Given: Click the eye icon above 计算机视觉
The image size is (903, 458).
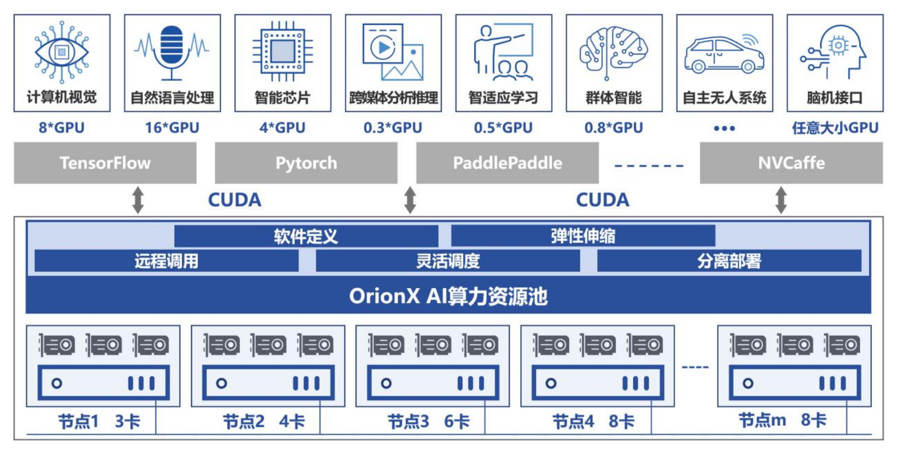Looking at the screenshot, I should pyautogui.click(x=62, y=52).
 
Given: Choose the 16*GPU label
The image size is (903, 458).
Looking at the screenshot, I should pyautogui.click(x=172, y=128).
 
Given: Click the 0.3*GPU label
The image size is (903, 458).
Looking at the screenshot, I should pyautogui.click(x=393, y=128).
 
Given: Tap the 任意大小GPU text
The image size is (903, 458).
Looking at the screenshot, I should pyautogui.click(x=835, y=128).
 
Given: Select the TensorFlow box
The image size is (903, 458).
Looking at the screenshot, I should pyautogui.click(x=105, y=163).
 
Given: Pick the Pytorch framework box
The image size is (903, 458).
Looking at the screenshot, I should pyautogui.click(x=306, y=163).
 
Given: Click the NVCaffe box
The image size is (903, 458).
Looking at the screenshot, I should pyautogui.click(x=791, y=163).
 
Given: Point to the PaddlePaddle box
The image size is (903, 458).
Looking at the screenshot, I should pyautogui.click(x=507, y=163).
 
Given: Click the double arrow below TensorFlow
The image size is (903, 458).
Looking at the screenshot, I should pyautogui.click(x=138, y=200).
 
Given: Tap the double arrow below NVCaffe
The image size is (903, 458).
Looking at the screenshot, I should pyautogui.click(x=781, y=200).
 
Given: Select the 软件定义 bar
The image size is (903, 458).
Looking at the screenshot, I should pyautogui.click(x=306, y=236).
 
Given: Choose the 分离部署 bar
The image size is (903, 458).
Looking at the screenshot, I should pyautogui.click(x=729, y=260).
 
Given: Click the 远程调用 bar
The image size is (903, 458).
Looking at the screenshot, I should pyautogui.click(x=166, y=260).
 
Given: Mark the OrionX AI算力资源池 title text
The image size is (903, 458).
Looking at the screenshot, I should pyautogui.click(x=448, y=296).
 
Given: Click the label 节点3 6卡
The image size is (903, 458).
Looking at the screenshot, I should pyautogui.click(x=428, y=421).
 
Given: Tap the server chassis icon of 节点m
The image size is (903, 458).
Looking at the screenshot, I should pyautogui.click(x=795, y=383).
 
